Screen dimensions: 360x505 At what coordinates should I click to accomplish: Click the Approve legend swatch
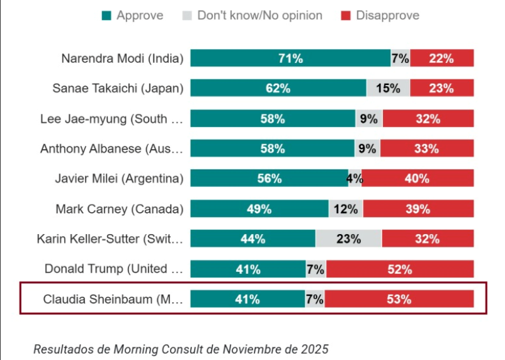106,15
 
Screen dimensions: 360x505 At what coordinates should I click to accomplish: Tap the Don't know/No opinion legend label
259,15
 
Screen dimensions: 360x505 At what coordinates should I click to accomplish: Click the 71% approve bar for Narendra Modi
290,59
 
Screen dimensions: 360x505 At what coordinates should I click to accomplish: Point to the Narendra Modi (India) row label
122,59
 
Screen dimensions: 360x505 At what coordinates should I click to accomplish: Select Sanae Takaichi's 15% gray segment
388,88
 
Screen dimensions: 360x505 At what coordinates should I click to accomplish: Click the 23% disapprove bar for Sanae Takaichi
441,88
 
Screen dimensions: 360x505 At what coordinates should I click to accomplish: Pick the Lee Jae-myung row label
111,118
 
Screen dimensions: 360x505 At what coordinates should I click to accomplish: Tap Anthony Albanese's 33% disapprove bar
426,149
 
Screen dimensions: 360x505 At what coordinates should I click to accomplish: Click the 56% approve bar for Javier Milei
269,179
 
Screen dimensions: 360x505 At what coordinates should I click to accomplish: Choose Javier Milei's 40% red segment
417,179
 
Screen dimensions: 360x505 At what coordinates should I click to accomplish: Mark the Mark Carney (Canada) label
119,209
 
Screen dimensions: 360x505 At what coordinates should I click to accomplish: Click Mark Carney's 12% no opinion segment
346,209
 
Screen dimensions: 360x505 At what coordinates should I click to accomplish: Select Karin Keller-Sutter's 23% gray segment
348,239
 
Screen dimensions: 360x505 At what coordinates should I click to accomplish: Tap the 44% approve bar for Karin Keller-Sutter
252,239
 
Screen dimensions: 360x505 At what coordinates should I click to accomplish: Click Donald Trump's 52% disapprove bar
399,269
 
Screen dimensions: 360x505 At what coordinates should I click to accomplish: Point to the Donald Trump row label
113,269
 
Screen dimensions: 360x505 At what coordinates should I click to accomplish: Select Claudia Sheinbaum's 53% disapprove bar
399,299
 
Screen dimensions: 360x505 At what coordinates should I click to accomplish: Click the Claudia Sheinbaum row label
113,299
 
